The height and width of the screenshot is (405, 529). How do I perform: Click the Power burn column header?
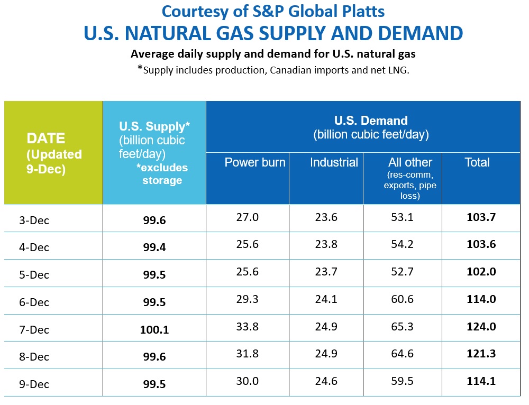pos(255,162)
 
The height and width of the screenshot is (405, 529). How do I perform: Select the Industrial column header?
pos(334,162)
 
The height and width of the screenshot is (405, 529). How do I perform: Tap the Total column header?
pos(477,162)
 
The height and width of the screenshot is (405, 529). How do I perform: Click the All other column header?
pos(410,163)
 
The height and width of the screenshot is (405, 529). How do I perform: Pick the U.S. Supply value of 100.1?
pos(154,330)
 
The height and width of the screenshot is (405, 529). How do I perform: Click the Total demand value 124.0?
pos(481,327)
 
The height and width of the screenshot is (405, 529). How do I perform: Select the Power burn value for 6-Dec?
pos(248,299)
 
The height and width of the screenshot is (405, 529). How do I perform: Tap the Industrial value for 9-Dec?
pos(326,381)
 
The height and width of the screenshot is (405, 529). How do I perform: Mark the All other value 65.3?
pos(402,327)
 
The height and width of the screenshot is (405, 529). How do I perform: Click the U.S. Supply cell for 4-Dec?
pos(154,247)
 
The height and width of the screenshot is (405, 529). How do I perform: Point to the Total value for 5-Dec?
pos(481,272)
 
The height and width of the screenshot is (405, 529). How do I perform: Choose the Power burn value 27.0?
pos(248,217)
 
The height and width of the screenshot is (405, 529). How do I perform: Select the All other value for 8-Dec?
pos(402,354)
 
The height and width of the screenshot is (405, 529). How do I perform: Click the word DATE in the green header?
pos(46,139)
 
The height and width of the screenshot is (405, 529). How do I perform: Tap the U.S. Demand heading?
pos(371,121)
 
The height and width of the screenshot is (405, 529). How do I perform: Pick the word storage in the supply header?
pos(162,181)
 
